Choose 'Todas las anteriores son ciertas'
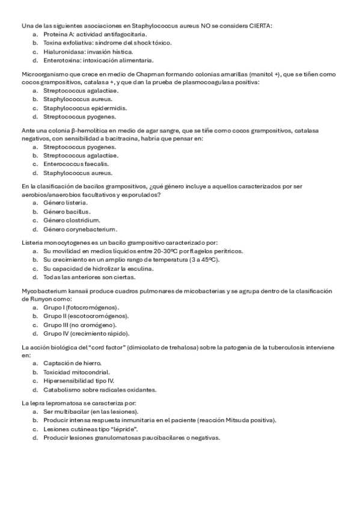[89, 277]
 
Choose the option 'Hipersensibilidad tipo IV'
[78, 381]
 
